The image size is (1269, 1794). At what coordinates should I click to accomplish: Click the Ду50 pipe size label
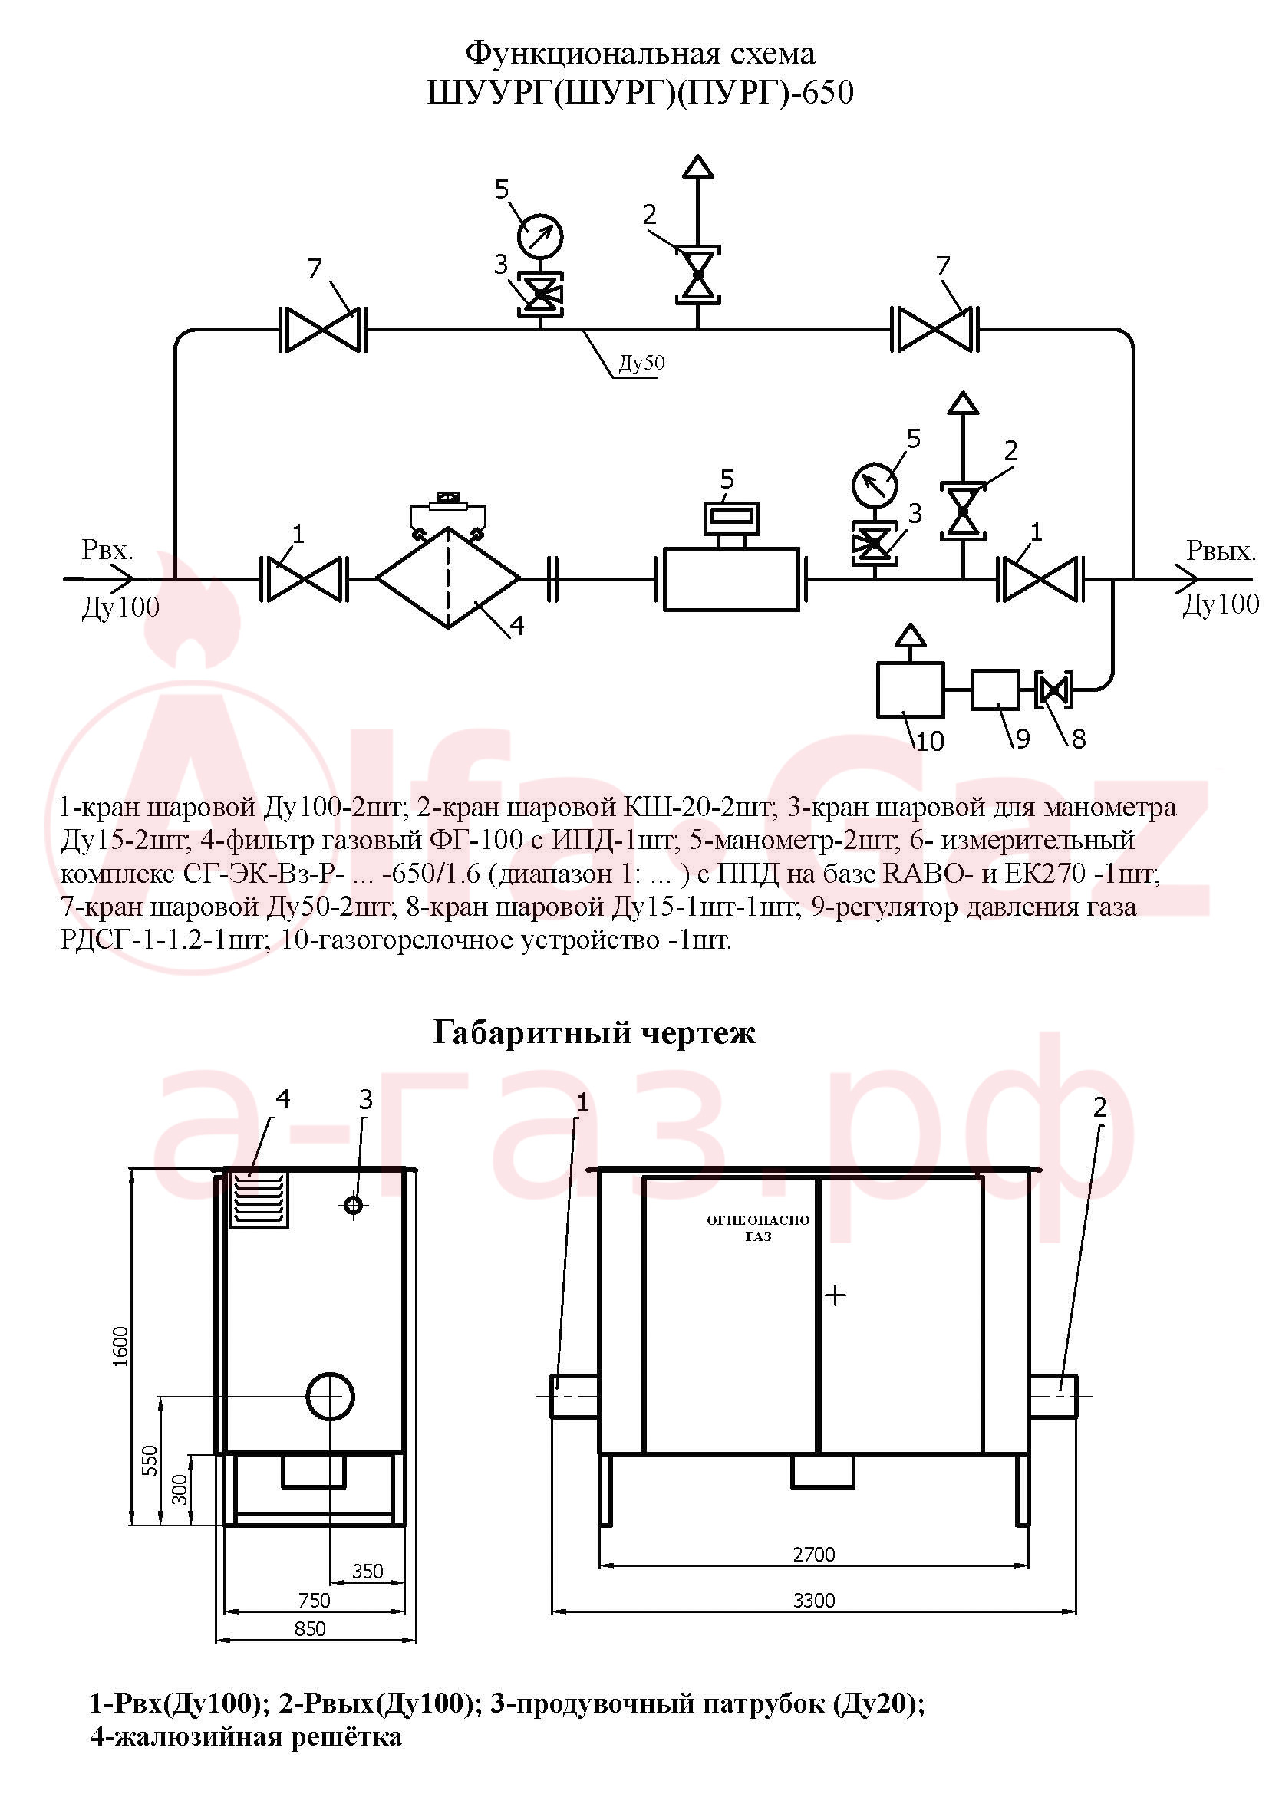point(641,363)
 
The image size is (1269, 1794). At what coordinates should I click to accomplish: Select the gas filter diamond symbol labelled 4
point(448,578)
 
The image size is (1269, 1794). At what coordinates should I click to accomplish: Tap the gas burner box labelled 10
point(910,690)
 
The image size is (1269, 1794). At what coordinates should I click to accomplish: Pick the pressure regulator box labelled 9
point(995,690)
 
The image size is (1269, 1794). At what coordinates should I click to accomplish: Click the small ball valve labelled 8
point(1053,690)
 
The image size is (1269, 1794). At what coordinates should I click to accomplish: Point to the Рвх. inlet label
point(107,550)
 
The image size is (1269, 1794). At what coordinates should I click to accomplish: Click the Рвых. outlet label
point(1221,551)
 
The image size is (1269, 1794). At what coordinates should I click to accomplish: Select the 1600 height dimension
point(120,1346)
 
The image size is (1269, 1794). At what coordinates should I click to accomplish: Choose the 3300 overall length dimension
point(814,1600)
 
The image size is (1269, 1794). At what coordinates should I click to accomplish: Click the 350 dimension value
point(368,1571)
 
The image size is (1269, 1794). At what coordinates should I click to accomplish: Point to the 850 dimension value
point(310,1628)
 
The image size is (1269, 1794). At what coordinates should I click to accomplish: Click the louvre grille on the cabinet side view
point(259,1200)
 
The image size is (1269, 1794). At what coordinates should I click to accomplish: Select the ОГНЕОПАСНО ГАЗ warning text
point(758,1228)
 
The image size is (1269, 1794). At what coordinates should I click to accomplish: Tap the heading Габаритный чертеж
point(594,1033)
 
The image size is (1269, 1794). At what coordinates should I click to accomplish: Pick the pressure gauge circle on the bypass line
point(540,235)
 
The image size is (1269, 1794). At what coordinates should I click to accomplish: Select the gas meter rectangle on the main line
point(730,579)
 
